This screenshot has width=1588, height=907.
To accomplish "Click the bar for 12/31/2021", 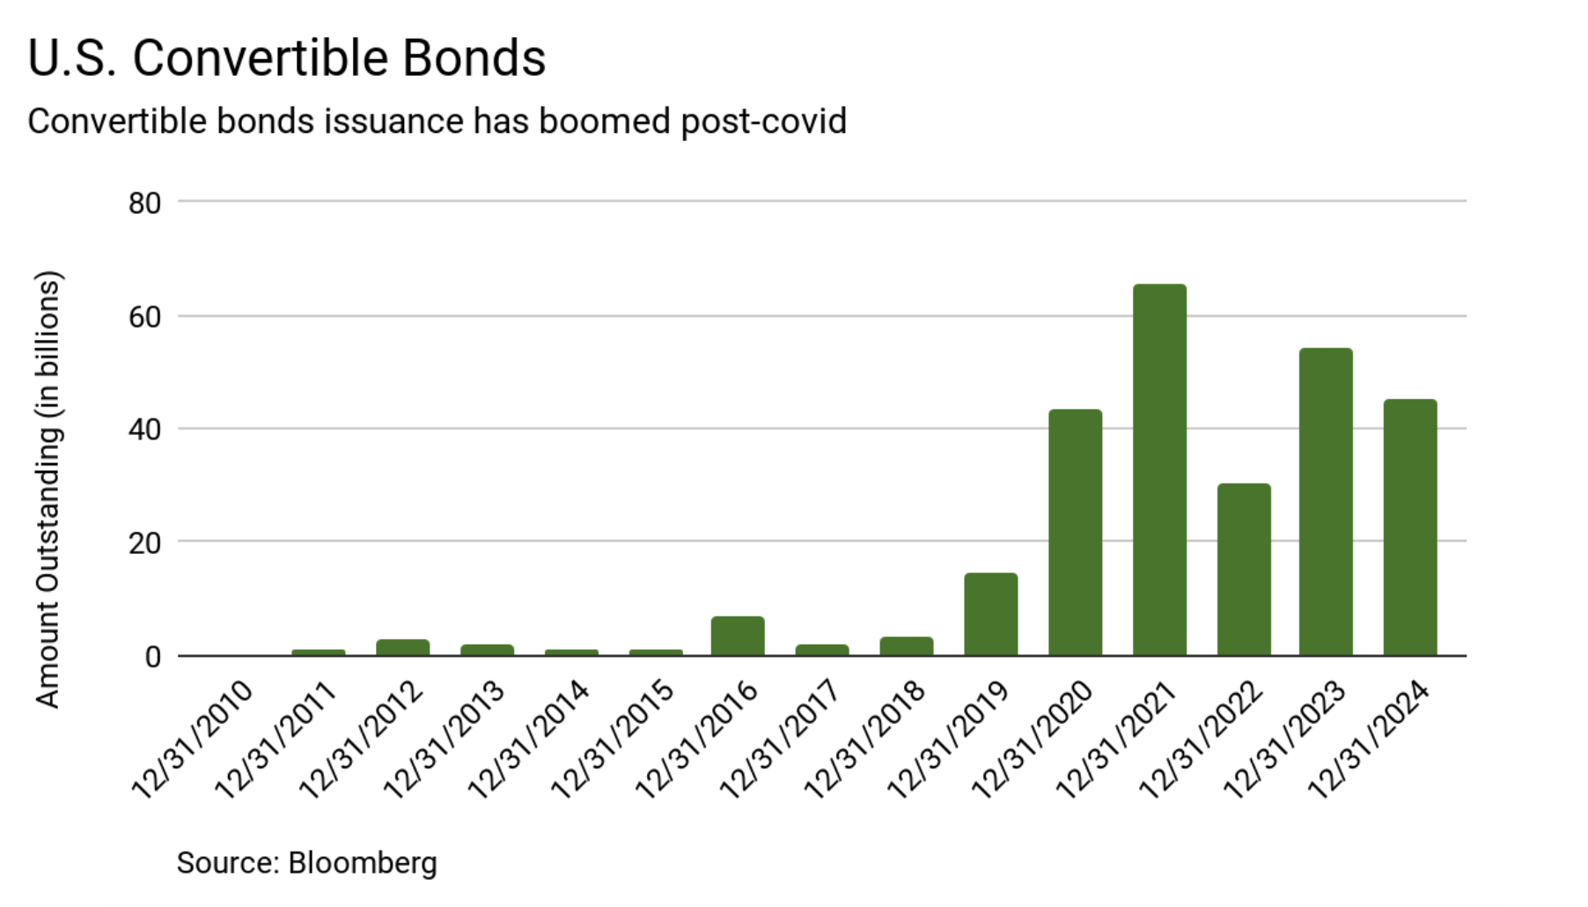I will pyautogui.click(x=1159, y=470).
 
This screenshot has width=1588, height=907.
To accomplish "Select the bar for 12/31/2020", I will pyautogui.click(x=1075, y=533).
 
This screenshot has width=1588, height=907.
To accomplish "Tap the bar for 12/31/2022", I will pyautogui.click(x=1244, y=570).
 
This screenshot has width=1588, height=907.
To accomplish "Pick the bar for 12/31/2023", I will pyautogui.click(x=1326, y=502).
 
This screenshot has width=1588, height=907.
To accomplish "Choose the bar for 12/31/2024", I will pyautogui.click(x=1410, y=527).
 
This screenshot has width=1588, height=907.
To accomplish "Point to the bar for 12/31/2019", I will pyautogui.click(x=990, y=615).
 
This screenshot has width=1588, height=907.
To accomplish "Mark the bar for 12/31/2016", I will pyautogui.click(x=738, y=636).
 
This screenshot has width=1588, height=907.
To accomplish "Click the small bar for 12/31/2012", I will pyautogui.click(x=402, y=647).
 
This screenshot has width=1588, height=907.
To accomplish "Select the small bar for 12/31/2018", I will pyautogui.click(x=906, y=646).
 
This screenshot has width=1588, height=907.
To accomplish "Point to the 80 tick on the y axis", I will pyautogui.click(x=144, y=203).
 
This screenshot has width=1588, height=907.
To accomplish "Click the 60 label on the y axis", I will pyautogui.click(x=144, y=317).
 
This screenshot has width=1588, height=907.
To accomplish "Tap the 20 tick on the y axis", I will pyautogui.click(x=144, y=543).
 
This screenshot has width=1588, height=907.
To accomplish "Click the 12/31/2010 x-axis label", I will pyautogui.click(x=193, y=740).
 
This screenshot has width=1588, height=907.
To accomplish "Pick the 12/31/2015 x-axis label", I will pyautogui.click(x=614, y=740).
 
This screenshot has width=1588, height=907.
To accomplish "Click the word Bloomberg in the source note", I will pyautogui.click(x=362, y=863).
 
